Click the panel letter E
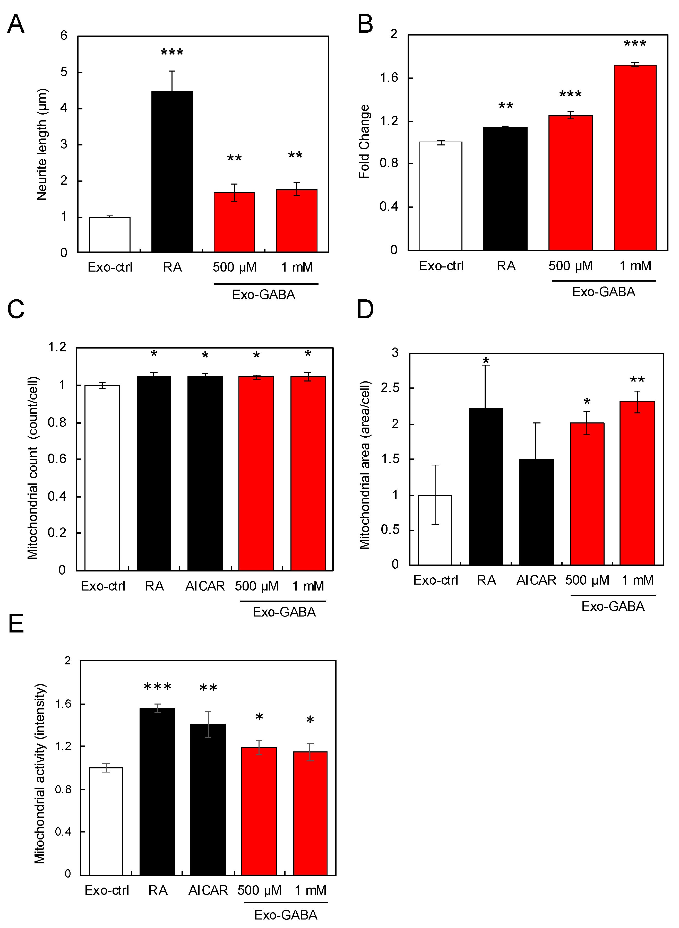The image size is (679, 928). (x=16, y=623)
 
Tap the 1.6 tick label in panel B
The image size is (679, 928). (x=389, y=78)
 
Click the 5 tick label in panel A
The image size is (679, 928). (x=64, y=72)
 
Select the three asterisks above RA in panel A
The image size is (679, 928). (x=172, y=53)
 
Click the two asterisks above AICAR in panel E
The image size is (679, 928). (x=208, y=688)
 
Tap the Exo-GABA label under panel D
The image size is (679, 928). (x=612, y=606)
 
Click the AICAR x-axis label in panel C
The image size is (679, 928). (x=205, y=586)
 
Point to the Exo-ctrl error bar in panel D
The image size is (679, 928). (x=435, y=495)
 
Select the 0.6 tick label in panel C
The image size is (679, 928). (x=57, y=459)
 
